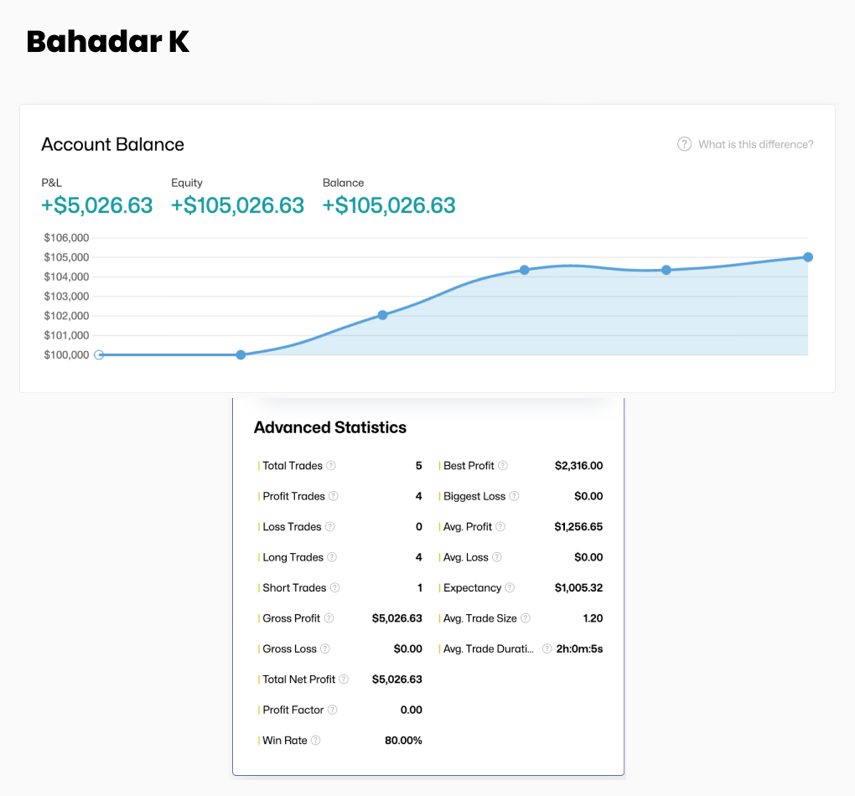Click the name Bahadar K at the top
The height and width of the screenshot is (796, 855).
(108, 42)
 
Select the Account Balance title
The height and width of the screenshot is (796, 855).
(112, 144)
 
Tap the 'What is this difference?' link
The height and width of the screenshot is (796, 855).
(755, 144)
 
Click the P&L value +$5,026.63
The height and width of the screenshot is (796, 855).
(97, 205)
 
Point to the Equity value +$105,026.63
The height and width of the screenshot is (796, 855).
(237, 205)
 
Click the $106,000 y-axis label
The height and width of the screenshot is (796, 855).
(66, 238)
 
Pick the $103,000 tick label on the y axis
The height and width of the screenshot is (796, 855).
(66, 297)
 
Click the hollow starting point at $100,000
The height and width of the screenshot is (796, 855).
(99, 354)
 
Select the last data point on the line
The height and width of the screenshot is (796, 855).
(808, 257)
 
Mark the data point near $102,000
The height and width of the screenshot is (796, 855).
(382, 315)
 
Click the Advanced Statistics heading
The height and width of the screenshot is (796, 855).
(330, 427)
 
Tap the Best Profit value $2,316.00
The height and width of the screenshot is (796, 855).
(578, 466)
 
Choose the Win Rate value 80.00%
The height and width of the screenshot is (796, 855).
(403, 741)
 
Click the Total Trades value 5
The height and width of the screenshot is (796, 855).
(418, 466)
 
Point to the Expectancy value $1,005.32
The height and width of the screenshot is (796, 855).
(578, 588)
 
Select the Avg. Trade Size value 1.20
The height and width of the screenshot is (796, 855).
(593, 618)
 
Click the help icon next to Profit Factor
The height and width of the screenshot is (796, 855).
(333, 710)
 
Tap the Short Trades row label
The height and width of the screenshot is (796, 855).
(294, 588)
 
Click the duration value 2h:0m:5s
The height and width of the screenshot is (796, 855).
(579, 649)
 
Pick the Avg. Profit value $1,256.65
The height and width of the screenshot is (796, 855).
(578, 527)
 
